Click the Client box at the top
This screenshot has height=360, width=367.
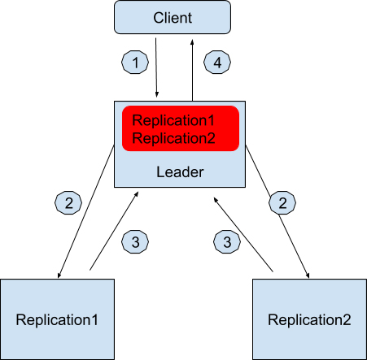(173, 17)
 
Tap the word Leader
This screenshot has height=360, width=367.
(180, 172)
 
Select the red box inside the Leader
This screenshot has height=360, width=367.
(181, 128)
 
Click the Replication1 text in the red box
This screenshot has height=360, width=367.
(173, 120)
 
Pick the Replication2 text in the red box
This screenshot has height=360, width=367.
(173, 138)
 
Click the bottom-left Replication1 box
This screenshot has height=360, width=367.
(57, 319)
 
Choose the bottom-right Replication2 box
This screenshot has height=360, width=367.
(309, 319)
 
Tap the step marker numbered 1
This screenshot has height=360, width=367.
(135, 62)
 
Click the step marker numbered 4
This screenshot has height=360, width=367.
(217, 62)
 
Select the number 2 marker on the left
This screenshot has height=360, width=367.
(68, 202)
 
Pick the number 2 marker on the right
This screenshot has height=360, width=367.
(282, 202)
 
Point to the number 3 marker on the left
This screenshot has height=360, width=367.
(135, 241)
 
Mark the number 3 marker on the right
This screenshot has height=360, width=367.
(227, 241)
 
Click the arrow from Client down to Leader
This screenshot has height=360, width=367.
(156, 67)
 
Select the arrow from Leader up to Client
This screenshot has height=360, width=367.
(192, 71)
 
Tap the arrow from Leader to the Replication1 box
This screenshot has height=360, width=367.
(86, 211)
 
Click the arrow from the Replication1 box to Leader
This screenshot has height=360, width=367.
(114, 231)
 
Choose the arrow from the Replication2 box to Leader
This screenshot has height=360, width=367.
(243, 234)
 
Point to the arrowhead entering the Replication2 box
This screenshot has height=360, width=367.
(308, 275)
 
